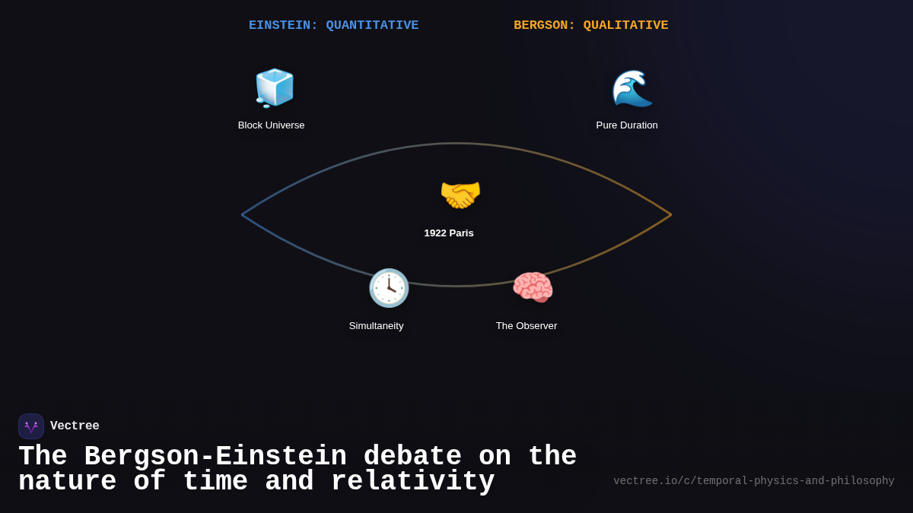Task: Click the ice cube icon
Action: (x=274, y=88)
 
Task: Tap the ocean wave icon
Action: (x=631, y=88)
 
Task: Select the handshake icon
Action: (x=460, y=195)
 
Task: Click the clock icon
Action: (x=389, y=288)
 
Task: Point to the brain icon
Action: (x=533, y=288)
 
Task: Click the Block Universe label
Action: (x=271, y=125)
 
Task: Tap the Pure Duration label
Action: (x=627, y=125)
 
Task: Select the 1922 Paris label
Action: (x=449, y=233)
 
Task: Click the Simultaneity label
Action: (x=376, y=326)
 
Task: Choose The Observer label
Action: (x=526, y=326)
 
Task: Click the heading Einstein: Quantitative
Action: (x=333, y=26)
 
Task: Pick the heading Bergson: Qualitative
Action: (x=591, y=26)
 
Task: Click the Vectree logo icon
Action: (x=31, y=426)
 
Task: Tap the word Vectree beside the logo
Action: (x=75, y=426)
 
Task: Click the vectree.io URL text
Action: (x=754, y=481)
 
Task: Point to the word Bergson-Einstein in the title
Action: (x=215, y=457)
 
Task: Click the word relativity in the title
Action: (x=412, y=482)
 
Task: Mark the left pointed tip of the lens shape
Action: (x=243, y=215)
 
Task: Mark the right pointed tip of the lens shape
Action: (x=670, y=215)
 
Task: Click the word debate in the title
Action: (x=412, y=457)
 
